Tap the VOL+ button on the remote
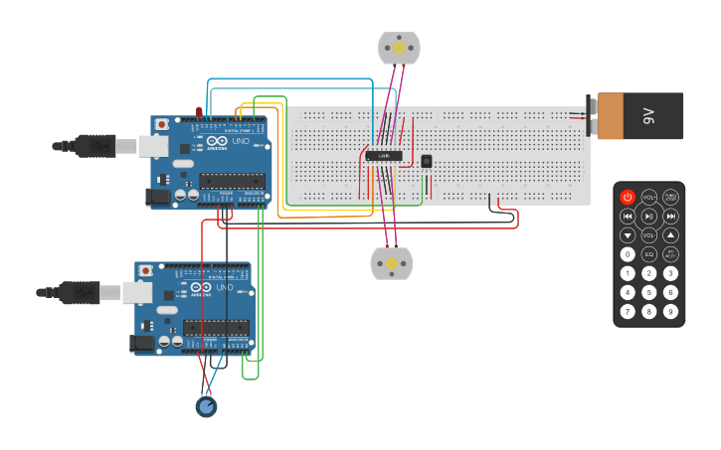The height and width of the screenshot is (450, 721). coord(648,197)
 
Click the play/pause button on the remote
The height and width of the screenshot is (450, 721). coord(648,216)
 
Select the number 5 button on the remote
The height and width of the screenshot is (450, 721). coord(648,292)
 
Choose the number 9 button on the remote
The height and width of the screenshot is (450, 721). coord(670,311)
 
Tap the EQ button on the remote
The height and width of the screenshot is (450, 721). coord(648,254)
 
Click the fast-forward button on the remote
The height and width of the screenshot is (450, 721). coord(670,216)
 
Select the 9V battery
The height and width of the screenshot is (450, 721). coord(637,115)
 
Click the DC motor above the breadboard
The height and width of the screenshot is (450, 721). coord(399,47)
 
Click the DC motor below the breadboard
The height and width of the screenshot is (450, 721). coord(391,263)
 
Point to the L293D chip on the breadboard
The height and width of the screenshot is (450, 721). coord(384,155)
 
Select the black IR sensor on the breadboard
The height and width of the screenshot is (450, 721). coord(427,161)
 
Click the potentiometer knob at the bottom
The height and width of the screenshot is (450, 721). coord(206,406)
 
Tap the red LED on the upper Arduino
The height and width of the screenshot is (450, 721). coord(199,110)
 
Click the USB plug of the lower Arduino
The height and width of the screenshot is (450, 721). coord(80,292)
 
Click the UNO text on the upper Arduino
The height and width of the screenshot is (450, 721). coord(241,142)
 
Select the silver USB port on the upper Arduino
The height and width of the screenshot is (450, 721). coord(153,146)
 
